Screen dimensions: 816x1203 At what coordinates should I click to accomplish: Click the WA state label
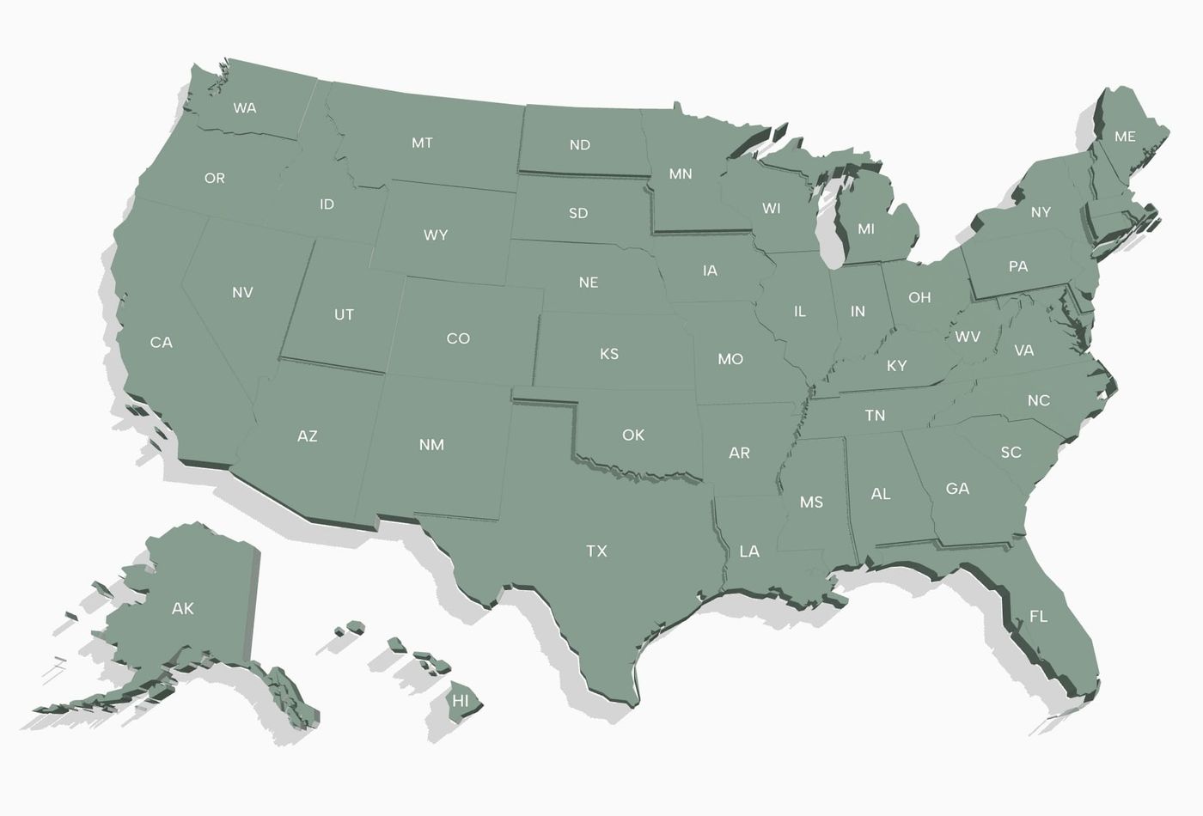point(245,108)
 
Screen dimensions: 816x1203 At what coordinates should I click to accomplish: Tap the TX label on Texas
point(596,551)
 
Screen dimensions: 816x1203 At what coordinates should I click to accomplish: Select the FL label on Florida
point(1038,616)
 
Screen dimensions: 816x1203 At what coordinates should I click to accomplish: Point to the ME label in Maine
point(1125,137)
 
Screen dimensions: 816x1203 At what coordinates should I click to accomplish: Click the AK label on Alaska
point(183,608)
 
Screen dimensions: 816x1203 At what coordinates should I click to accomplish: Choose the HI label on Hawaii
point(461,701)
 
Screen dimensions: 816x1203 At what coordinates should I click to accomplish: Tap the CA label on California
point(162,342)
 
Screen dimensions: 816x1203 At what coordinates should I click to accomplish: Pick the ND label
point(580,145)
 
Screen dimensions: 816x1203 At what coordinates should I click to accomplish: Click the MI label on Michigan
point(866,229)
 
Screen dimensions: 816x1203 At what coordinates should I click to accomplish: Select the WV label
point(968,337)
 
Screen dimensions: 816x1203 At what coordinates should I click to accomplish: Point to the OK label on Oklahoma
point(633,435)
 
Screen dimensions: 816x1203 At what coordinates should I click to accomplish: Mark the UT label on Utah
point(344,314)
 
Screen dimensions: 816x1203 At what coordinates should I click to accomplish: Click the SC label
point(1011,452)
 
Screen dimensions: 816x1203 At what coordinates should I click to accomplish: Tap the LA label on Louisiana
point(749,551)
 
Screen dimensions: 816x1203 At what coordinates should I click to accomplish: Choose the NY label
point(1041,212)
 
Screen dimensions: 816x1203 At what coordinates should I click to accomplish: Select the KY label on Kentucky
point(896,366)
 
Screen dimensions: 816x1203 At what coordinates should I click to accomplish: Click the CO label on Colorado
point(458,338)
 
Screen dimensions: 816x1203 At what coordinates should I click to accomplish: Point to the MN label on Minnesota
point(681,174)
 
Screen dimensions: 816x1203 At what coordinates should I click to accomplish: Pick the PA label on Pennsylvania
point(1017,266)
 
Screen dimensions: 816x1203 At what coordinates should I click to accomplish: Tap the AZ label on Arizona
point(308,436)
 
